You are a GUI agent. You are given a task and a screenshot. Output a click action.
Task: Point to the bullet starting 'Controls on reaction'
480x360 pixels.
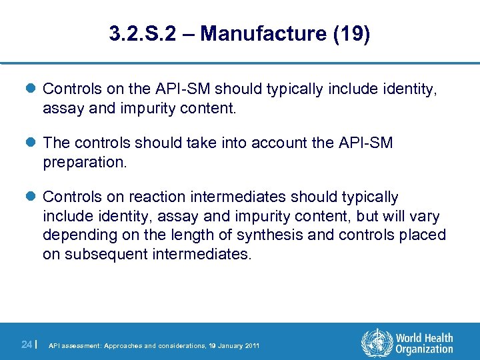[x=33, y=197]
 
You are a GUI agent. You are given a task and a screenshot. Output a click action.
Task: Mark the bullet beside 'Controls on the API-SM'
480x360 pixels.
[x=33, y=89]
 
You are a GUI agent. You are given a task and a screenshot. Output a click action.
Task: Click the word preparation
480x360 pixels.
[x=83, y=162]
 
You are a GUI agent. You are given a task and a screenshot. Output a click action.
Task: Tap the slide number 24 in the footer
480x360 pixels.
[x=25, y=345]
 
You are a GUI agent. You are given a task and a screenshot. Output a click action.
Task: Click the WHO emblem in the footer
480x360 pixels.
[x=376, y=344]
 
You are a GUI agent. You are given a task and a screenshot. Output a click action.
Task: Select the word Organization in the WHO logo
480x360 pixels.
[x=425, y=350]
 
